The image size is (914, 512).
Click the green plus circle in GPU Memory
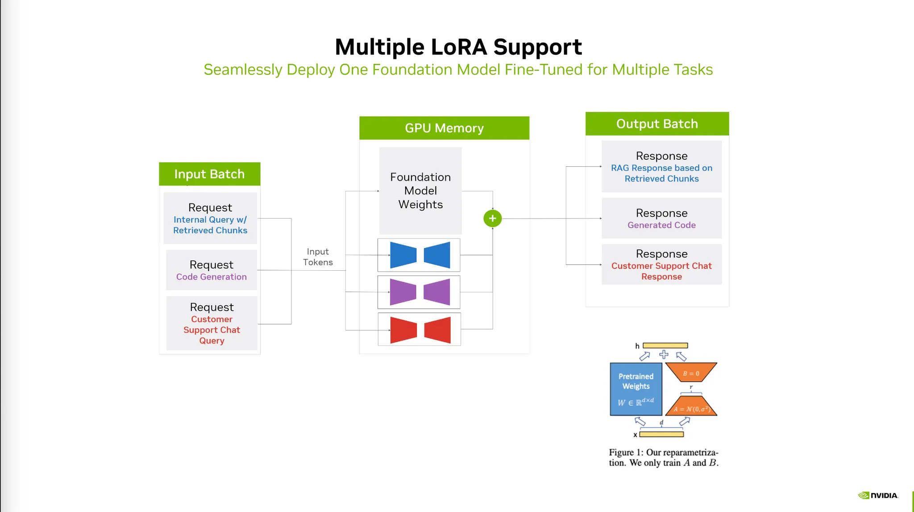pyautogui.click(x=492, y=219)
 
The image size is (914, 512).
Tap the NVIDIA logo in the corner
pyautogui.click(x=878, y=495)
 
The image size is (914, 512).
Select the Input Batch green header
pyautogui.click(x=209, y=174)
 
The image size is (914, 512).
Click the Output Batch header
pyautogui.click(x=657, y=124)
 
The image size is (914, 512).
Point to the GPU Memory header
pyautogui.click(x=444, y=128)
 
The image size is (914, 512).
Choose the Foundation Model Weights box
pyautogui.click(x=420, y=191)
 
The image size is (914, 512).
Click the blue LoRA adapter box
pyautogui.click(x=419, y=255)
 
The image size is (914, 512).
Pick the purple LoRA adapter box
pyautogui.click(x=419, y=292)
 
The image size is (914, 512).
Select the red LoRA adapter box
pyautogui.click(x=420, y=330)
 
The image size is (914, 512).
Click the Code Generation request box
pyautogui.click(x=212, y=270)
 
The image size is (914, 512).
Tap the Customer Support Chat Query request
pyautogui.click(x=212, y=323)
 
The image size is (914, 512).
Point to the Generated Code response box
pyautogui.click(x=661, y=219)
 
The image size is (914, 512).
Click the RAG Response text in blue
pyautogui.click(x=661, y=173)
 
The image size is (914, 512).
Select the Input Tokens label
pyautogui.click(x=318, y=257)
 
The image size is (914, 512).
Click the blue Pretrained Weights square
pyautogui.click(x=636, y=389)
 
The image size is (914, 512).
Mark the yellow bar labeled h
pyautogui.click(x=665, y=346)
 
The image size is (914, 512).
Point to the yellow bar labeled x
pyautogui.click(x=661, y=434)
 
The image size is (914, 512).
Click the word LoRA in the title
pyautogui.click(x=459, y=47)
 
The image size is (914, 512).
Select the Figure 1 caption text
pyautogui.click(x=664, y=458)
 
